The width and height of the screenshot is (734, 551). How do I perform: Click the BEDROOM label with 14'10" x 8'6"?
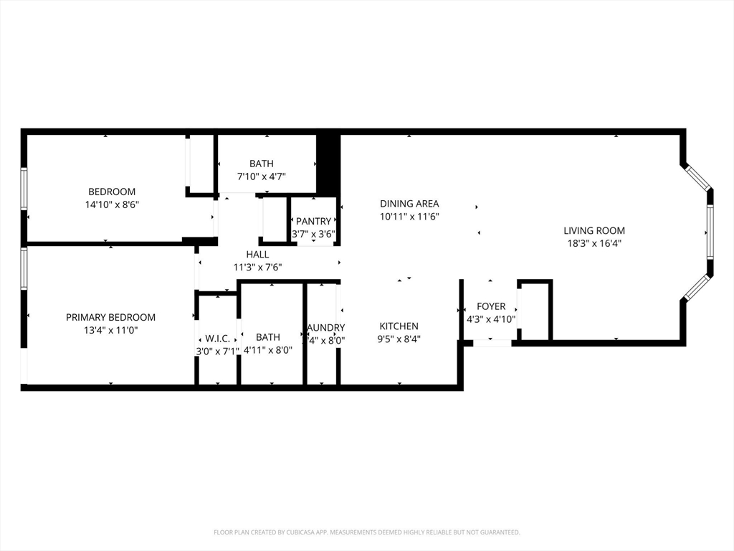[112, 192]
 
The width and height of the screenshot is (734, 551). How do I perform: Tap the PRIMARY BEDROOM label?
[110, 317]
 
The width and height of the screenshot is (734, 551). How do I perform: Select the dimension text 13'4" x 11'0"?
[110, 330]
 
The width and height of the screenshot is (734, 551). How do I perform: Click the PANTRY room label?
[313, 221]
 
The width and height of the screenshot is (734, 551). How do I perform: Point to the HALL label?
[257, 254]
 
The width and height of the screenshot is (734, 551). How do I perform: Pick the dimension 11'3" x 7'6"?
[257, 267]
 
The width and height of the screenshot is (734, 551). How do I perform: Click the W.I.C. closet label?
[217, 338]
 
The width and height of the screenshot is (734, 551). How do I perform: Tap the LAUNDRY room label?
[326, 328]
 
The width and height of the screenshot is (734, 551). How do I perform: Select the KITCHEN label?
[399, 326]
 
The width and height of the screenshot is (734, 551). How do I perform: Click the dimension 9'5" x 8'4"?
[399, 339]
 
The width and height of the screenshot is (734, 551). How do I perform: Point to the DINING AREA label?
[409, 204]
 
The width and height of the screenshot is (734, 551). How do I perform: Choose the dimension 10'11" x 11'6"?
[409, 216]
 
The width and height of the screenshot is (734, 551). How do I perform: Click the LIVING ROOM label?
[594, 230]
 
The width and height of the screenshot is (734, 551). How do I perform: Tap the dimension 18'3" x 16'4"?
[594, 243]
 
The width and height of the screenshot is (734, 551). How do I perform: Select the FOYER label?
[491, 306]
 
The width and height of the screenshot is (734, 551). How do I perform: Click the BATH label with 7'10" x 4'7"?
[261, 164]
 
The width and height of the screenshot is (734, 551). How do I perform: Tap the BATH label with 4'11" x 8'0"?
[268, 337]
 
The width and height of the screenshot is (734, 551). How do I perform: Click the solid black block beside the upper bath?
[328, 164]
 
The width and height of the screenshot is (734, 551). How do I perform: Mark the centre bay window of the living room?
[710, 232]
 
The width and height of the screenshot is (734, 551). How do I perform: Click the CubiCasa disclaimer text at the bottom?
[366, 532]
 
